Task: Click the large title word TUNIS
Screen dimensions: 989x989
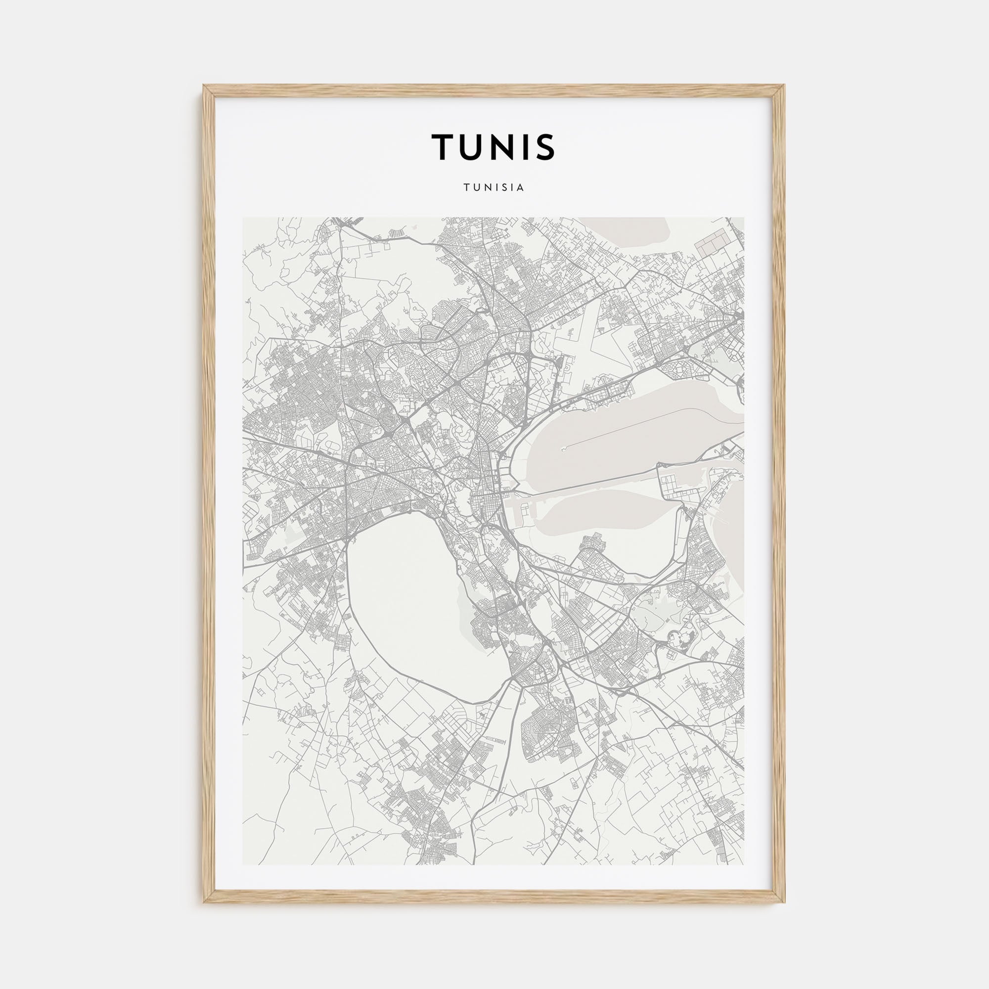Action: pos(494,146)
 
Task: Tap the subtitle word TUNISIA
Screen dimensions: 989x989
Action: pos(494,188)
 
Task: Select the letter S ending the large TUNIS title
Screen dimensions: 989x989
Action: pos(544,146)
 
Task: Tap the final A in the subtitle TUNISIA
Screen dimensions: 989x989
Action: pos(521,188)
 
